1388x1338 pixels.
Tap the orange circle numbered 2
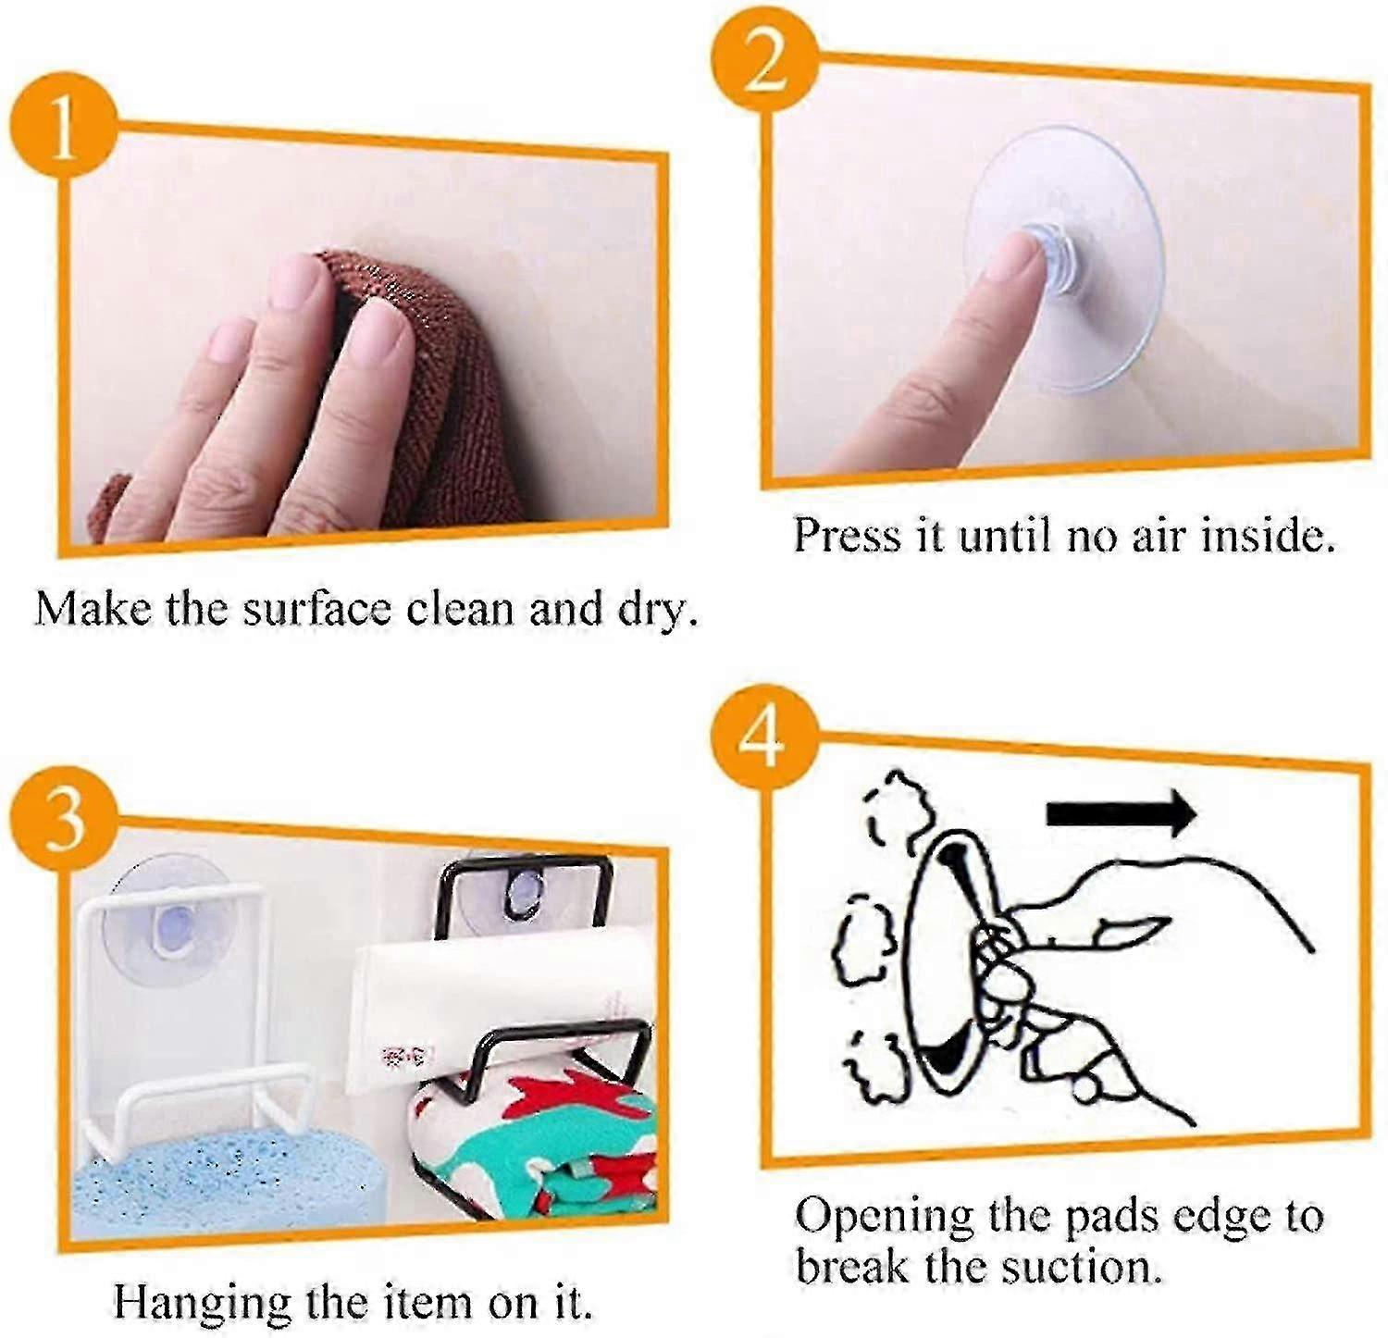coord(764,59)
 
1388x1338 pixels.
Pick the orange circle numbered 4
coord(763,737)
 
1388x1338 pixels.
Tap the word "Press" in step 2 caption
coord(847,536)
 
